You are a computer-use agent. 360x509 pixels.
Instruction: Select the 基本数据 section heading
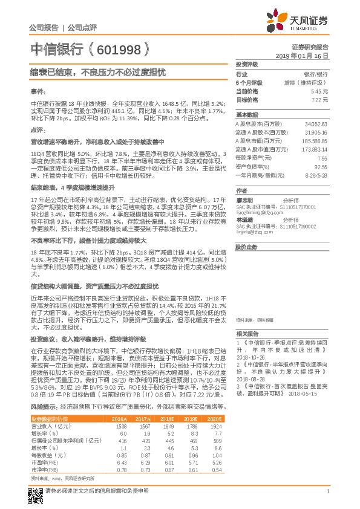click(x=247, y=114)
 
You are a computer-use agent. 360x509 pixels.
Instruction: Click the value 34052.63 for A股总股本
click(x=315, y=123)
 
